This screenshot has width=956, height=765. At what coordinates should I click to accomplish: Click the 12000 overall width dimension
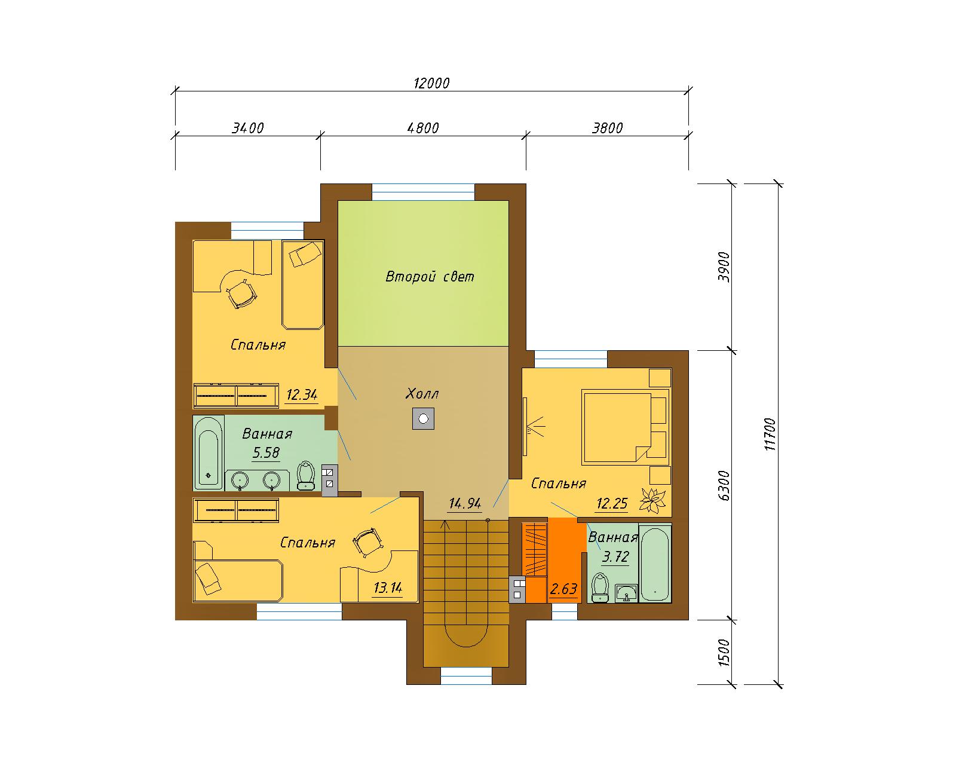coord(431,83)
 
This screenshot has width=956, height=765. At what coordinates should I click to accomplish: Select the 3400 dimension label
coord(248,128)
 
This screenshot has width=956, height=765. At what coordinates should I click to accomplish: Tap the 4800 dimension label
coord(423,128)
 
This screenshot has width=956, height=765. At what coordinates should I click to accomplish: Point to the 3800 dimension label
coord(607,128)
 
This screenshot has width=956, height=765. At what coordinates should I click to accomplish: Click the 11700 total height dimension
coord(770,434)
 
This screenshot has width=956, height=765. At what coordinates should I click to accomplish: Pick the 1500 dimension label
coord(724,653)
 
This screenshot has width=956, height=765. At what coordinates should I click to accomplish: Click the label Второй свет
coord(430,277)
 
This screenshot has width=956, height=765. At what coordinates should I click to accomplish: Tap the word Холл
coord(422,393)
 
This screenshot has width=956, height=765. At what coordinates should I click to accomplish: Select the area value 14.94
coord(465,503)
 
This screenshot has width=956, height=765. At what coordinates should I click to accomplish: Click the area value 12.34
coord(302,394)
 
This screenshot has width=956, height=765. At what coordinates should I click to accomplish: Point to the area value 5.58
coord(266,452)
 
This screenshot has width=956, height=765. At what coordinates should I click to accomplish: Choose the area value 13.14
coord(388,587)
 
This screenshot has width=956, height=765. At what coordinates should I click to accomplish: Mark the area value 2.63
coord(563,589)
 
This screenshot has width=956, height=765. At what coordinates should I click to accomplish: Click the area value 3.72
coord(615,556)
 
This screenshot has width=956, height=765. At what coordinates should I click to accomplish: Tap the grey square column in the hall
coord(423,419)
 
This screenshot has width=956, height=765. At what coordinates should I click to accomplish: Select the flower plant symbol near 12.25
coord(652,500)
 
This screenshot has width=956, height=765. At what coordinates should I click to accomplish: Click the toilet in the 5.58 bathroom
coord(305,475)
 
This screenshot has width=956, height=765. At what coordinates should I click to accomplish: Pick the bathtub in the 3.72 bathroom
coord(655,564)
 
